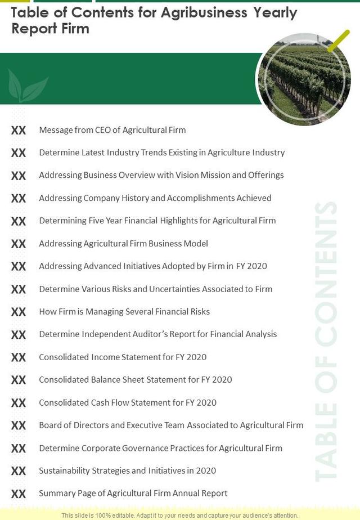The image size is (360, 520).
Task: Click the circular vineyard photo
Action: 304,78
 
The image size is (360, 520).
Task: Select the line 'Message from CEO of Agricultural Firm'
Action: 112,130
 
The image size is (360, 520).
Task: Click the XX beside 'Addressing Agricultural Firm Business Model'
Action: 19,244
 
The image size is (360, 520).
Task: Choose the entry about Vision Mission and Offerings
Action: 161,175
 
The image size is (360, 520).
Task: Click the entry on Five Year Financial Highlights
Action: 157,221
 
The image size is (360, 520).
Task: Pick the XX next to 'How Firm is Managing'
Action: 19,312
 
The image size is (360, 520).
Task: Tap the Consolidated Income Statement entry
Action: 122,357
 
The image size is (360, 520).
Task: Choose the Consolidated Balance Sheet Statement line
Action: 135,380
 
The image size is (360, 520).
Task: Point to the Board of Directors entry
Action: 170,425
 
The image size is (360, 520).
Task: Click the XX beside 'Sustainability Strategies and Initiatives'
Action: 19,471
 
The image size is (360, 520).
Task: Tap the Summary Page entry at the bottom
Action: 133,494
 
